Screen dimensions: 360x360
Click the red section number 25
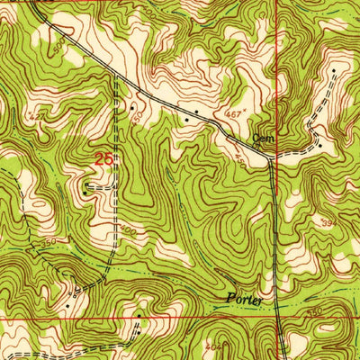104,159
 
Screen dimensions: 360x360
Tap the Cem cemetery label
263,139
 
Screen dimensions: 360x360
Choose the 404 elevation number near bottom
212,344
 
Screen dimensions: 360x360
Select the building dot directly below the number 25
85,190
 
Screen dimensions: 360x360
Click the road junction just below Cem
271,161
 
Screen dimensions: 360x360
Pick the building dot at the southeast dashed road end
319,145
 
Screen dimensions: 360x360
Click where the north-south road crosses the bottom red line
278,317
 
